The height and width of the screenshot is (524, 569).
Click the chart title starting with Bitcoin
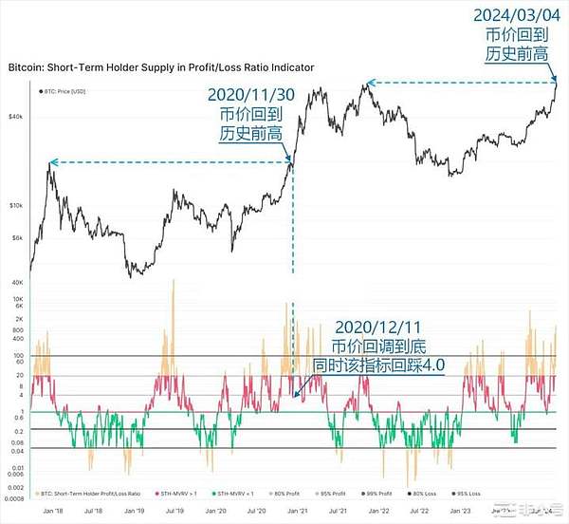pos(161,68)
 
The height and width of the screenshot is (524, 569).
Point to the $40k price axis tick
pos(15,116)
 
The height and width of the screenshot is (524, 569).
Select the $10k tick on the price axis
pos(15,205)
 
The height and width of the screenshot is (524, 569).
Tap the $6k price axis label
pos(16,238)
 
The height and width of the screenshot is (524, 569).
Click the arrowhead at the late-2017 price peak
pos(53,163)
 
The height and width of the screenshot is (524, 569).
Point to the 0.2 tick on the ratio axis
pos(19,429)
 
